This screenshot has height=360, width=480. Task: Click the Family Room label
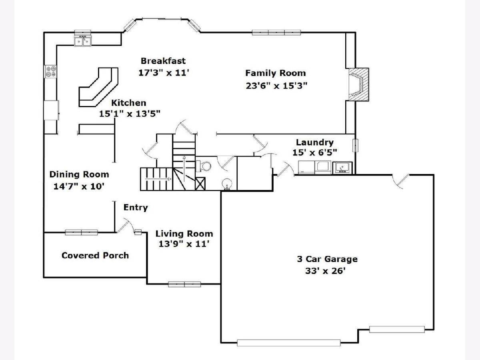(275, 73)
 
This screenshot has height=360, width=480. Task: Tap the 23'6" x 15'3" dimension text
(276, 86)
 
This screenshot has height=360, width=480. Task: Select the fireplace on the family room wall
(359, 84)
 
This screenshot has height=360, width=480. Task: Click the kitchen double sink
(83, 41)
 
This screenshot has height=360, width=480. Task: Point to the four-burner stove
(50, 72)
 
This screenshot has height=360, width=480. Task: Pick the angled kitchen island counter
(98, 87)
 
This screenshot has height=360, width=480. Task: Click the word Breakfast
(163, 61)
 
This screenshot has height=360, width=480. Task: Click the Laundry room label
(315, 142)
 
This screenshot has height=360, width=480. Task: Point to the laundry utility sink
(342, 168)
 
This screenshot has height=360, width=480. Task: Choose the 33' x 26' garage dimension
(325, 271)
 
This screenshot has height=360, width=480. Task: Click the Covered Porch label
(95, 255)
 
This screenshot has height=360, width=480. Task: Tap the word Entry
(136, 208)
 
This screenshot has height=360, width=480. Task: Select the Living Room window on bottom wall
(184, 284)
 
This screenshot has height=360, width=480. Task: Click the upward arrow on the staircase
(184, 168)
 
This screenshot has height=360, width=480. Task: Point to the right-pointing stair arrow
(158, 179)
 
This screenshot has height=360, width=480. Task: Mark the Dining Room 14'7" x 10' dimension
(79, 186)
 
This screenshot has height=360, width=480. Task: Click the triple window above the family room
(276, 32)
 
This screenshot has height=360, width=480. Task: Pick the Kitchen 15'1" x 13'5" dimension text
(130, 114)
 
